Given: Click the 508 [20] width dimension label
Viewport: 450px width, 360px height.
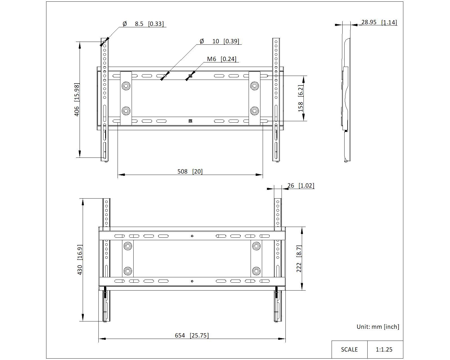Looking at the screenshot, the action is coord(190,172).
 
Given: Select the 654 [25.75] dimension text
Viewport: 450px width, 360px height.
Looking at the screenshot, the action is coord(192,336).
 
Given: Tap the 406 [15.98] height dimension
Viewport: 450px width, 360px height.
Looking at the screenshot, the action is coord(77,100).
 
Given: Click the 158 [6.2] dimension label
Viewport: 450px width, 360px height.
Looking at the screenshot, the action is coord(300,98).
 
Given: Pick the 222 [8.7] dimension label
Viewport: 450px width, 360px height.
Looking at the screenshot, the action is coord(299,259).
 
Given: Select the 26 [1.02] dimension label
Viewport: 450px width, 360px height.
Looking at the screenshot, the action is coord(301,186).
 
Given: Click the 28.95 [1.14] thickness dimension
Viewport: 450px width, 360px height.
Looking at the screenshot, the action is coord(379,22).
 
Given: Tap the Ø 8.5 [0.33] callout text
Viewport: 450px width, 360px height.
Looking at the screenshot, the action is coord(143,24).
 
